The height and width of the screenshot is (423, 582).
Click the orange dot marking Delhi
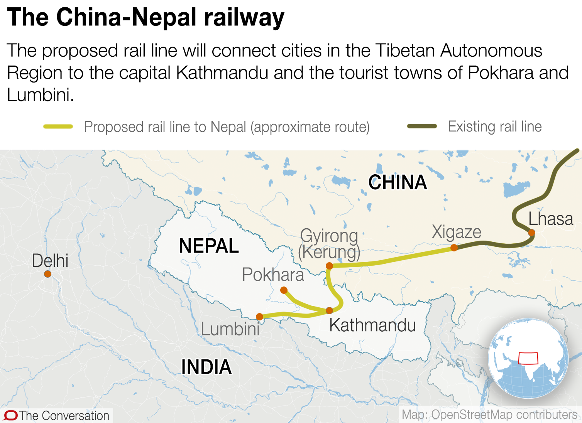click(x=47, y=274)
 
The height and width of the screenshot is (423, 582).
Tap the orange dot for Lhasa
click(x=531, y=233)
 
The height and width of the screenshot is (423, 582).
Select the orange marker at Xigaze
click(x=454, y=248)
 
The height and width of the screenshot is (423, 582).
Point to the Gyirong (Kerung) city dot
click(x=329, y=266)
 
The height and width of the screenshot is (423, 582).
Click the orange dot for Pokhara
click(x=284, y=290)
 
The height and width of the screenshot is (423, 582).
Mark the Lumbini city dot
click(x=260, y=317)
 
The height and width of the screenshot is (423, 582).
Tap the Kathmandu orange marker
click(x=329, y=310)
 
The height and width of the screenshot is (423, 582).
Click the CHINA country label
click(x=398, y=182)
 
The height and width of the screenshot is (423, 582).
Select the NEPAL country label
click(x=209, y=246)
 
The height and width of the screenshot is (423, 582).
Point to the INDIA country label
click(x=206, y=367)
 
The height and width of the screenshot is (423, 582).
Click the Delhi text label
click(x=50, y=261)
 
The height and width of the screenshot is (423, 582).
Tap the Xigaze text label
click(x=457, y=232)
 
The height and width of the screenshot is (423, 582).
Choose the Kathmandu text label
click(x=372, y=325)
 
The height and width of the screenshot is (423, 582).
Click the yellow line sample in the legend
click(x=58, y=126)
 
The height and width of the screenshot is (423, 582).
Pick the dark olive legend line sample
click(x=422, y=126)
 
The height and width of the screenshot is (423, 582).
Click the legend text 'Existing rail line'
click(x=495, y=126)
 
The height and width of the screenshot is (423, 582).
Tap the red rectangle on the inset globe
click(x=528, y=358)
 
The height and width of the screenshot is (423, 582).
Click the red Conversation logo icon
click(x=10, y=416)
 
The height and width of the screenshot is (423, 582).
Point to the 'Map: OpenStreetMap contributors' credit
click(x=489, y=415)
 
